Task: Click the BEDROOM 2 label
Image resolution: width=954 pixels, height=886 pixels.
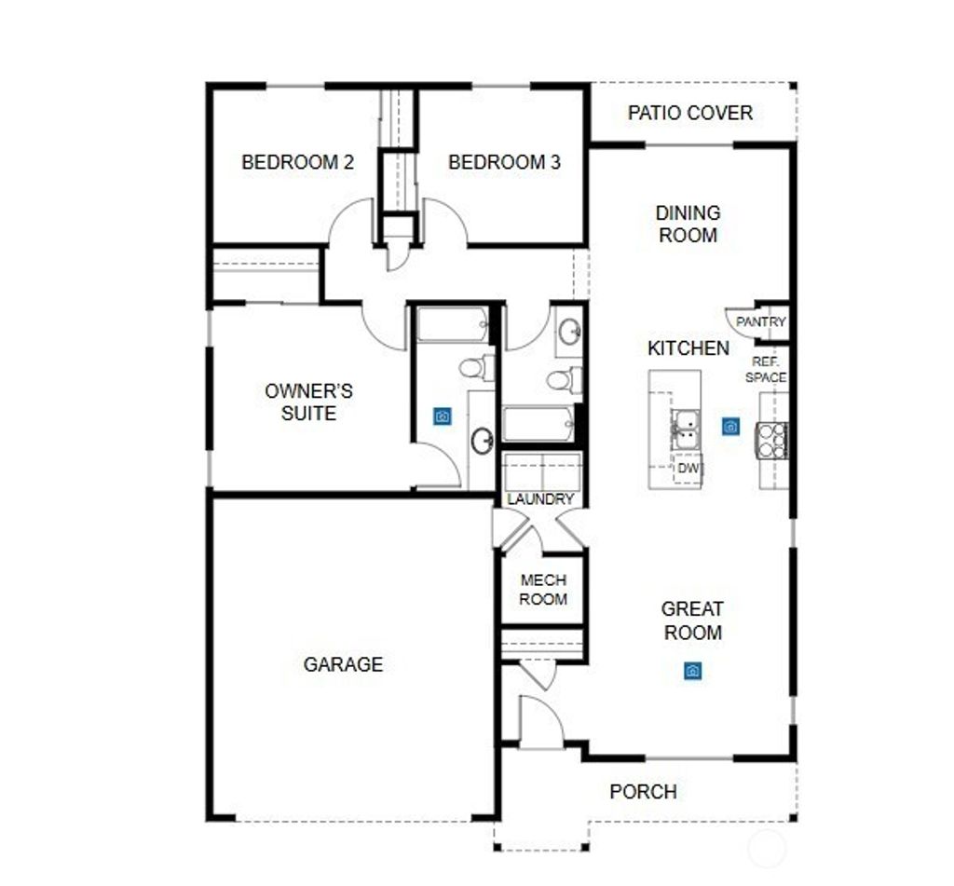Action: tap(297, 162)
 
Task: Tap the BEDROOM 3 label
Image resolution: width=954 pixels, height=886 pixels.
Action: tap(504, 162)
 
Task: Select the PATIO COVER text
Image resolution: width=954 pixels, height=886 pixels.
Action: tap(689, 113)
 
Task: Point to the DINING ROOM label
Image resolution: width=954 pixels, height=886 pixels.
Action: tap(688, 224)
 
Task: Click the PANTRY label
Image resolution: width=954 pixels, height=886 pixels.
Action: tap(760, 321)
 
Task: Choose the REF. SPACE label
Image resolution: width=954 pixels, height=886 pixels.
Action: tap(766, 369)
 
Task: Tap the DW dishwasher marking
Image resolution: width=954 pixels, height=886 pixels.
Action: tap(688, 468)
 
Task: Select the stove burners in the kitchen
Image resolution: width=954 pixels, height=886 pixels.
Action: tap(773, 440)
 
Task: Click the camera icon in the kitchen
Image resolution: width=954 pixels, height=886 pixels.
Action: tap(730, 426)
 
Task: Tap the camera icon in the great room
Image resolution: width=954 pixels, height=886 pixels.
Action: tap(692, 671)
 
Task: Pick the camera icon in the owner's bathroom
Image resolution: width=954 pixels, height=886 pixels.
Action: tap(443, 416)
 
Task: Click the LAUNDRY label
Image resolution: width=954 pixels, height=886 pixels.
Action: tap(540, 499)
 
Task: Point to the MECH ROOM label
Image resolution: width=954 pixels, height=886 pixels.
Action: tap(543, 590)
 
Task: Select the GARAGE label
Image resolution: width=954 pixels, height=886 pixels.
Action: tap(343, 664)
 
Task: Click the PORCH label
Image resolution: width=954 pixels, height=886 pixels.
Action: tap(643, 792)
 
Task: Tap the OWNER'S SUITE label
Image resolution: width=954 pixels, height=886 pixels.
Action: tap(308, 402)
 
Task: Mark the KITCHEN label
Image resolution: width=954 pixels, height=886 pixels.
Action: tap(688, 348)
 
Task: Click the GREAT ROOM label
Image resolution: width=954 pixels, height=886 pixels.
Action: tap(692, 620)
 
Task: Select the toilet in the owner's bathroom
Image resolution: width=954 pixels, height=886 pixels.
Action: tap(474, 367)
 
